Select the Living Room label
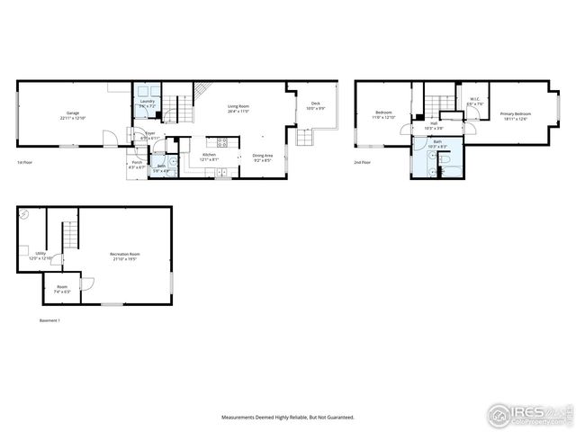coord(238,108)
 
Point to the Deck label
coord(316,105)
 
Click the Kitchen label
coord(209,157)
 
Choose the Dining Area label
coord(263,157)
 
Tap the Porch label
coord(137,164)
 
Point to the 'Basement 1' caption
coord(49,320)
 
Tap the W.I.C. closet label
coord(474,101)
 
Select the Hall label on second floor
coord(434,124)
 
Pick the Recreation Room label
coord(124,256)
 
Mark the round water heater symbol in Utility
coord(24,215)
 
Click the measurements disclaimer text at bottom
coord(288,418)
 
